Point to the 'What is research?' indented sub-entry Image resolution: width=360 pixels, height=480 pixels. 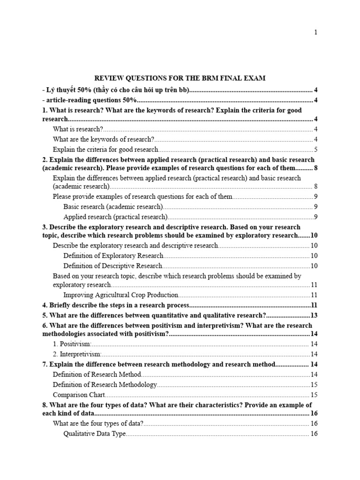[x=78, y=129]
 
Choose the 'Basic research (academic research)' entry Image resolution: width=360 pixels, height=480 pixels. [x=113, y=206]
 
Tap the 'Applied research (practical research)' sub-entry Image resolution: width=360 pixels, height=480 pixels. [x=115, y=217]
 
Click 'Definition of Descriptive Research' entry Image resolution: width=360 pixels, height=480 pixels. [x=112, y=266]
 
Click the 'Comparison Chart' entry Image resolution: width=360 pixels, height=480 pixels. [x=79, y=395]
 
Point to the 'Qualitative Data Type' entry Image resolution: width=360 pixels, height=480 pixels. [x=95, y=434]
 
